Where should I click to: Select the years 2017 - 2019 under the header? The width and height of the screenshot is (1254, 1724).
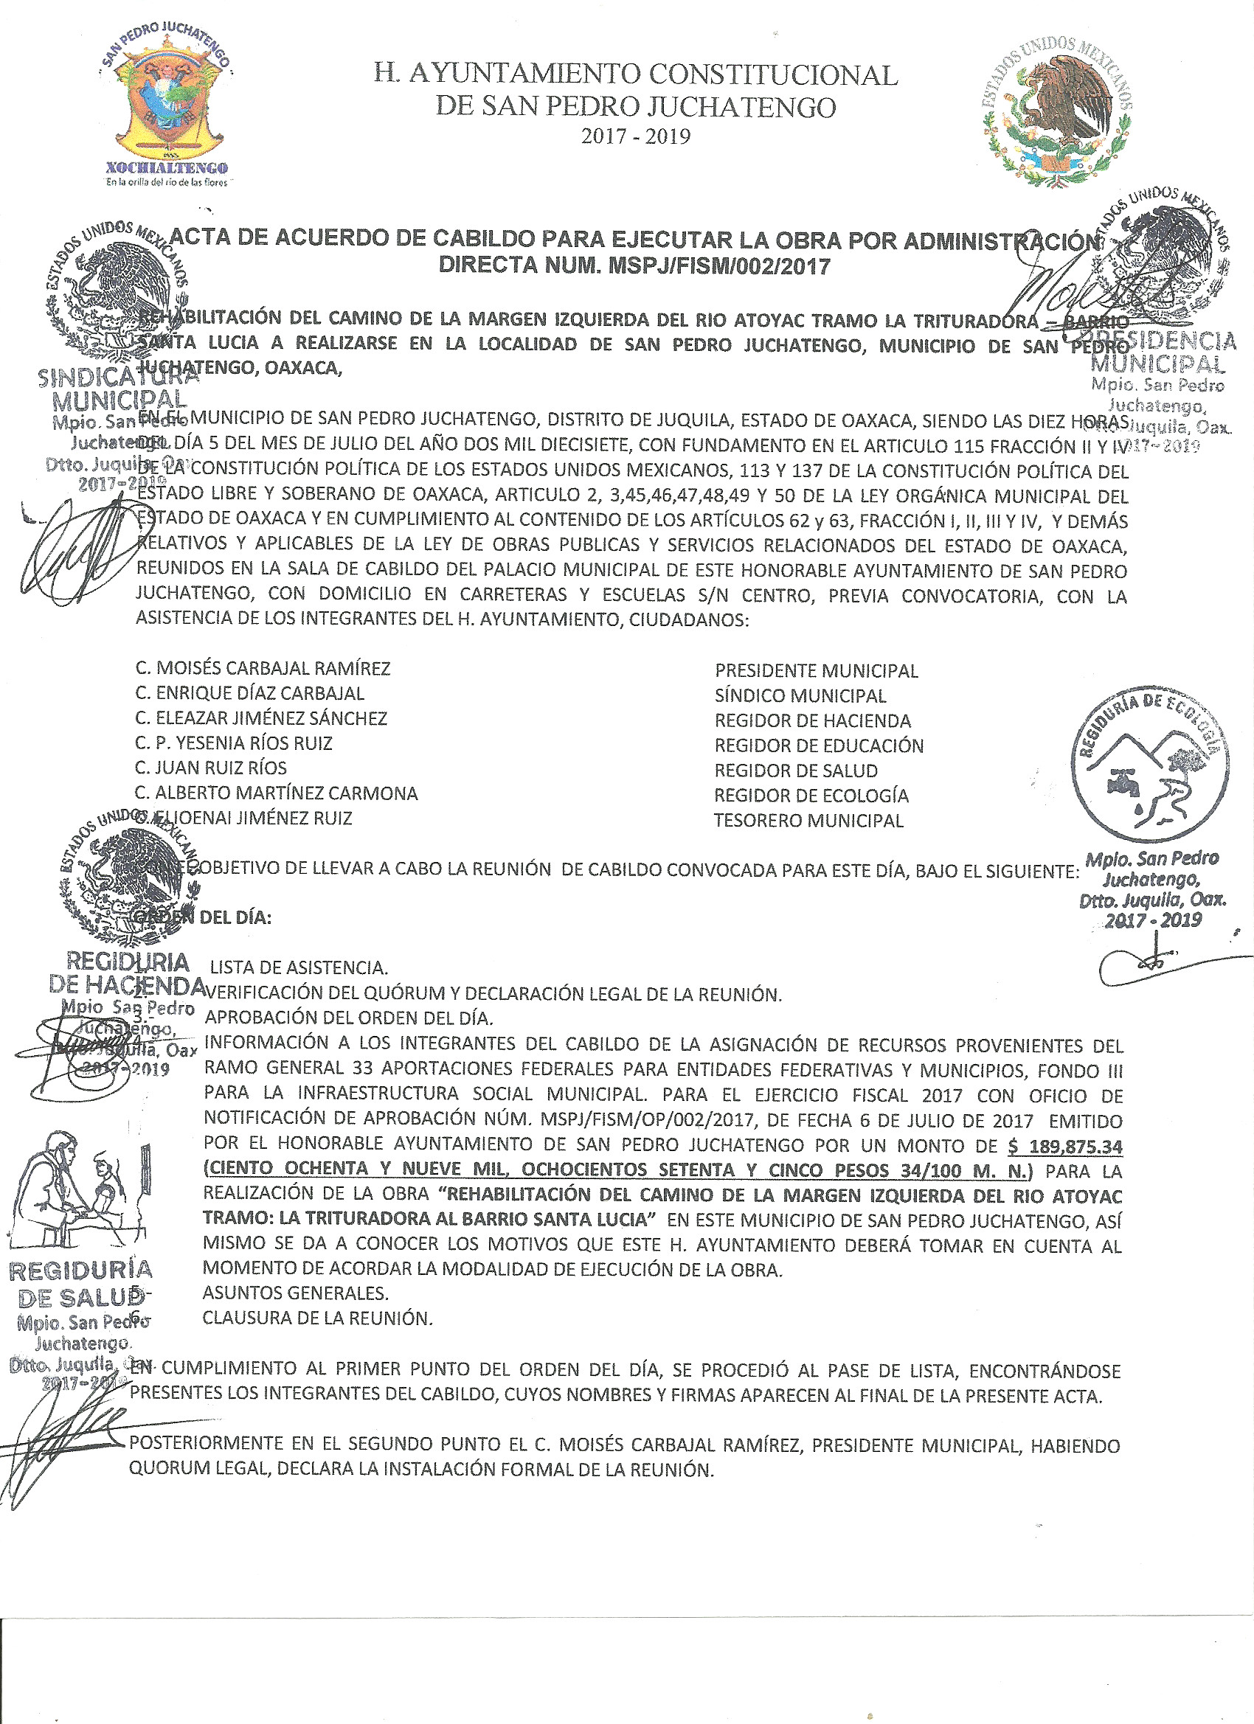[636, 137]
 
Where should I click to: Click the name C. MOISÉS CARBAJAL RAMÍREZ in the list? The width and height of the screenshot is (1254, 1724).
[263, 669]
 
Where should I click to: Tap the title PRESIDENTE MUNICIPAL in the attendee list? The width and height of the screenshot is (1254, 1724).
[816, 671]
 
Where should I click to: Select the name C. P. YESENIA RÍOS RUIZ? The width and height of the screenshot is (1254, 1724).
[235, 743]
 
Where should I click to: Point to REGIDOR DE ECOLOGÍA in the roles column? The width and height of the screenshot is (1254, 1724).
[811, 796]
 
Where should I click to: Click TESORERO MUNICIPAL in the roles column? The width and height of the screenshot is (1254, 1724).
[808, 821]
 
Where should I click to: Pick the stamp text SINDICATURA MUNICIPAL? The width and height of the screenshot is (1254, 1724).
[114, 389]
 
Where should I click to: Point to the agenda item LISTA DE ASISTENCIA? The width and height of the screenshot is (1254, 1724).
[299, 968]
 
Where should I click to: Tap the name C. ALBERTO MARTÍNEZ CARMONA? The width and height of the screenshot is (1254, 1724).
[277, 793]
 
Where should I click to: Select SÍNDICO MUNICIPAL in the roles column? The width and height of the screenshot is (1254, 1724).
[800, 696]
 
